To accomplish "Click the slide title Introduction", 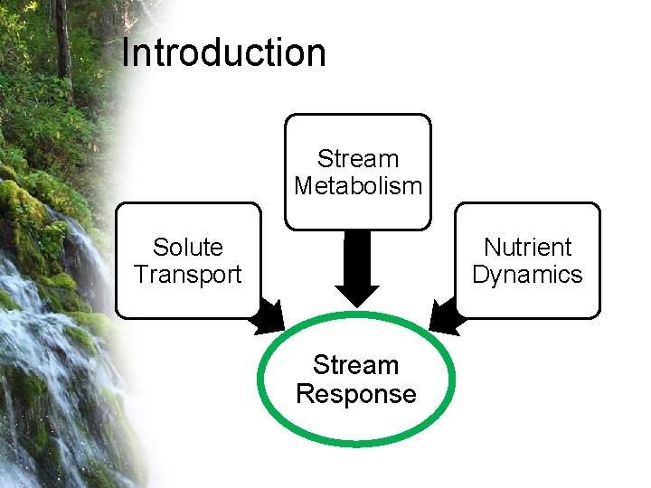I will (x=223, y=52).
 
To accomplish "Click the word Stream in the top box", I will (x=358, y=159).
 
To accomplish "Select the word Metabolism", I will (x=358, y=186).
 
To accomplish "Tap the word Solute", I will (x=188, y=247).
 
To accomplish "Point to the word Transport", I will (x=188, y=274).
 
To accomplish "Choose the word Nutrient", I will (x=528, y=247).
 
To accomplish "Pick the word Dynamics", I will (x=528, y=274).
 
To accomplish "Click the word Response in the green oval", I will (x=356, y=394).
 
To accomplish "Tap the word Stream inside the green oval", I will (x=356, y=365).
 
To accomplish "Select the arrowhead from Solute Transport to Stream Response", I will (x=269, y=317).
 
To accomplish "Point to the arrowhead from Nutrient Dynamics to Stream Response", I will (x=445, y=315).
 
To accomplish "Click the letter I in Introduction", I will (x=126, y=52).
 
